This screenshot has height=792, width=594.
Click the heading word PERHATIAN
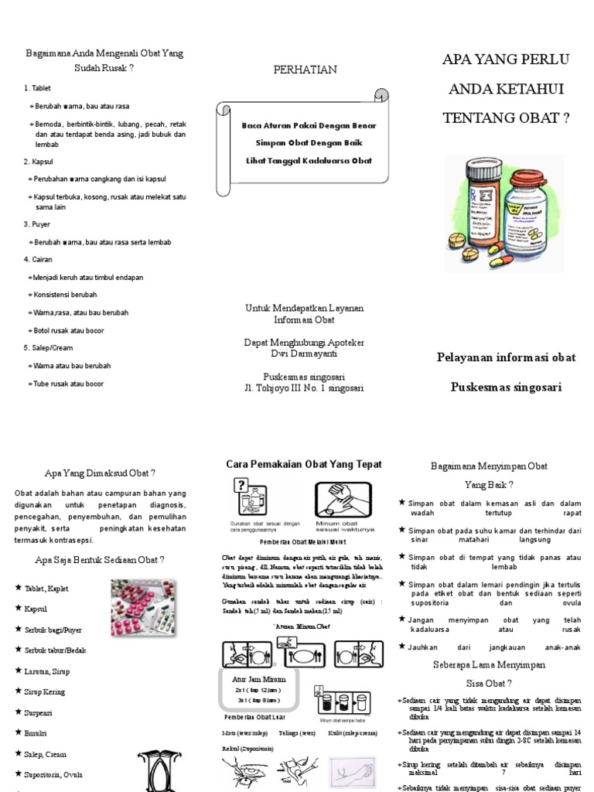click(x=305, y=70)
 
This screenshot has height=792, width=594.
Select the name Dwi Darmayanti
click(x=304, y=354)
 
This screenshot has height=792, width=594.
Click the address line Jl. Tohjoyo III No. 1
click(x=304, y=387)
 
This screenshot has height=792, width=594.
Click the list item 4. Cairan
click(x=38, y=260)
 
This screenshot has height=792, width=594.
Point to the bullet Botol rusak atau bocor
click(x=68, y=330)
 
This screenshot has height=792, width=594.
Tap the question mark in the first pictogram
click(x=241, y=485)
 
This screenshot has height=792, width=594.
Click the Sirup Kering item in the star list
click(x=43, y=691)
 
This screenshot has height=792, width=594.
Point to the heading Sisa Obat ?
click(x=488, y=683)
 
